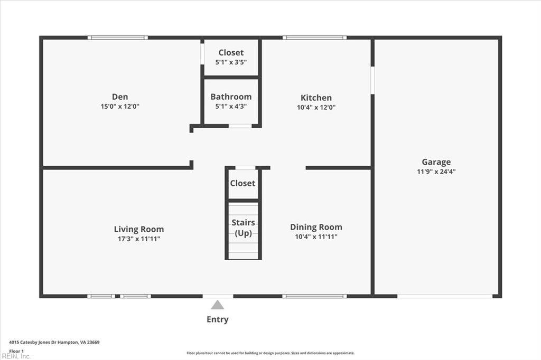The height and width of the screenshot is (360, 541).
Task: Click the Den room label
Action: pos(119,97)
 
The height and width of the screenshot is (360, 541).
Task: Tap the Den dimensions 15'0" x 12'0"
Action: pos(119,106)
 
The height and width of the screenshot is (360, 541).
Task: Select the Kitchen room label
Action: pos(316,98)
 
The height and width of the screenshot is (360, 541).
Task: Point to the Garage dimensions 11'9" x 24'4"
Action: pos(436,171)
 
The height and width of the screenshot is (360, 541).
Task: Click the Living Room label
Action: pos(139,229)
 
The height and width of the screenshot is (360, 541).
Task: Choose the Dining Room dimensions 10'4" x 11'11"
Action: pos(316,236)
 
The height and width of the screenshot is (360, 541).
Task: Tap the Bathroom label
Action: pos(231,97)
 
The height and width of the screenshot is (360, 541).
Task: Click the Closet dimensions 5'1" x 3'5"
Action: pos(231,62)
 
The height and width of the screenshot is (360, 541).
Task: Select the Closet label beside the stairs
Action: pos(242,183)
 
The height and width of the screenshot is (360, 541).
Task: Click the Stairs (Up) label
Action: pos(243,228)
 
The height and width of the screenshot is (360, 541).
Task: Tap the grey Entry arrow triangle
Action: pos(218,305)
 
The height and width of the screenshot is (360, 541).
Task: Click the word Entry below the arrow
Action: pos(218,319)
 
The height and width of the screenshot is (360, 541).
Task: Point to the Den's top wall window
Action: pos(117,37)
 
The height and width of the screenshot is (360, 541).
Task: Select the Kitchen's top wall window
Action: pos(314,37)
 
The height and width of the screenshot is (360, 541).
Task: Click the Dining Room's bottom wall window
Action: pos(314,296)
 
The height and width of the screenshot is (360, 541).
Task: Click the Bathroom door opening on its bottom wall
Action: pos(240,126)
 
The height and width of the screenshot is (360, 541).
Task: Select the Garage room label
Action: pos(436,162)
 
